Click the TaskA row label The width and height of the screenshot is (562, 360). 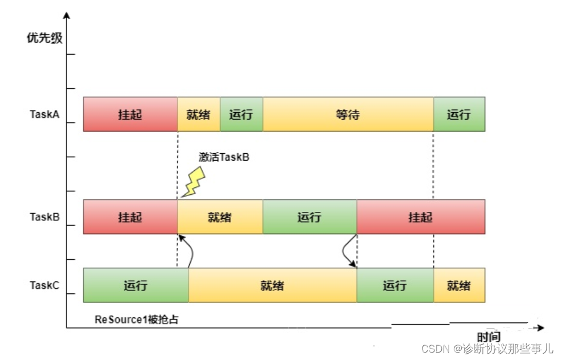coord(44,114)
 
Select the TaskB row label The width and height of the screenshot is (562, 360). coord(44,217)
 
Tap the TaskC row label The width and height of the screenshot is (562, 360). coord(44,285)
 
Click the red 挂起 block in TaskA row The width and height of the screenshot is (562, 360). coord(130,114)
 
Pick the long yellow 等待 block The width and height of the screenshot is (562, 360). coord(348,114)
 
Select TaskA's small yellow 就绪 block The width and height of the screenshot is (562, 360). coord(199,114)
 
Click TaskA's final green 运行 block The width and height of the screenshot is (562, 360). coord(459,114)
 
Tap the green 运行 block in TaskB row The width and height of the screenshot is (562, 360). coord(310,217)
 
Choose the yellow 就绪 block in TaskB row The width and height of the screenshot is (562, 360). coord(220,217)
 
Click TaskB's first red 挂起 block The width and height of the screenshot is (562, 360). coord(130,217)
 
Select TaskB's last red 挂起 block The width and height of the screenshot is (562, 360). coord(421,217)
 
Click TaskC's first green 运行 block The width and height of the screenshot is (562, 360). coord(136,285)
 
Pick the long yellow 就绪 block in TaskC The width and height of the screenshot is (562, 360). coord(272,285)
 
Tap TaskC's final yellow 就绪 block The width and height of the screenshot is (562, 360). coord(459,285)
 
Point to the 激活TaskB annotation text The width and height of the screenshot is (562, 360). coord(224,157)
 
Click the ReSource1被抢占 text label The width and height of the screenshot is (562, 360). coord(137,319)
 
